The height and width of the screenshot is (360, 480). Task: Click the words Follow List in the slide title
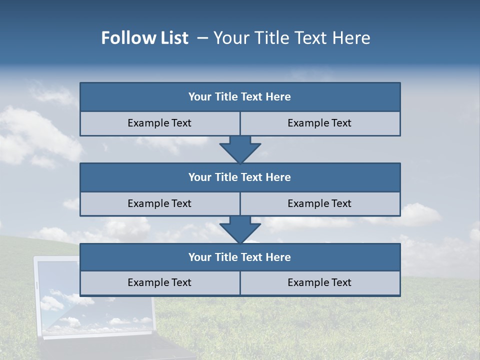click(145, 38)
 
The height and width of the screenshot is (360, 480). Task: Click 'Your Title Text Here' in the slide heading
click(292, 38)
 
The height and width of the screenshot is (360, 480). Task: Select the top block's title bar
click(240, 97)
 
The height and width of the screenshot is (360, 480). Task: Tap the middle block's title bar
click(240, 177)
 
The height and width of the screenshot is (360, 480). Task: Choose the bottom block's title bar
click(240, 257)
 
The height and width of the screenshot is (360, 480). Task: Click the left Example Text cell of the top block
click(159, 123)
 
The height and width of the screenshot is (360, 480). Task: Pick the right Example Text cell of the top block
click(319, 123)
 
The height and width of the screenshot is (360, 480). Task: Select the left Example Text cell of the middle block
click(159, 204)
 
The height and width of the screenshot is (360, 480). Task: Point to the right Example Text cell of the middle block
click(319, 204)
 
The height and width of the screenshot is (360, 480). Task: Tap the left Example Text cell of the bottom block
click(159, 283)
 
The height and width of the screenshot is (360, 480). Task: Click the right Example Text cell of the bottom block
click(319, 283)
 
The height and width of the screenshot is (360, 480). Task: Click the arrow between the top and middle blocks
click(240, 149)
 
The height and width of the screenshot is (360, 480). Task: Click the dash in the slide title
click(202, 38)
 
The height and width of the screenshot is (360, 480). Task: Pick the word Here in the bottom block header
click(278, 257)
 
